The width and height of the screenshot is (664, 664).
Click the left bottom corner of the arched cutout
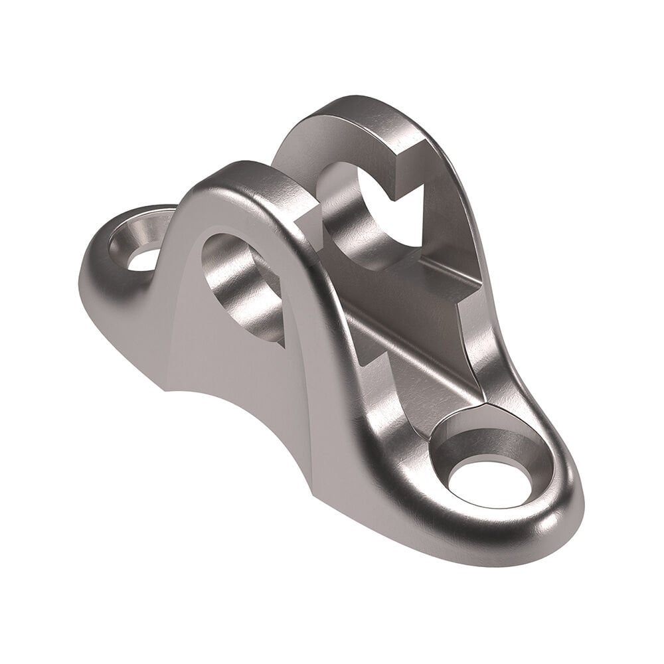click(166, 388)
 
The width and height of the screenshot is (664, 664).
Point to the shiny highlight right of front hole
click(564, 491)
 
